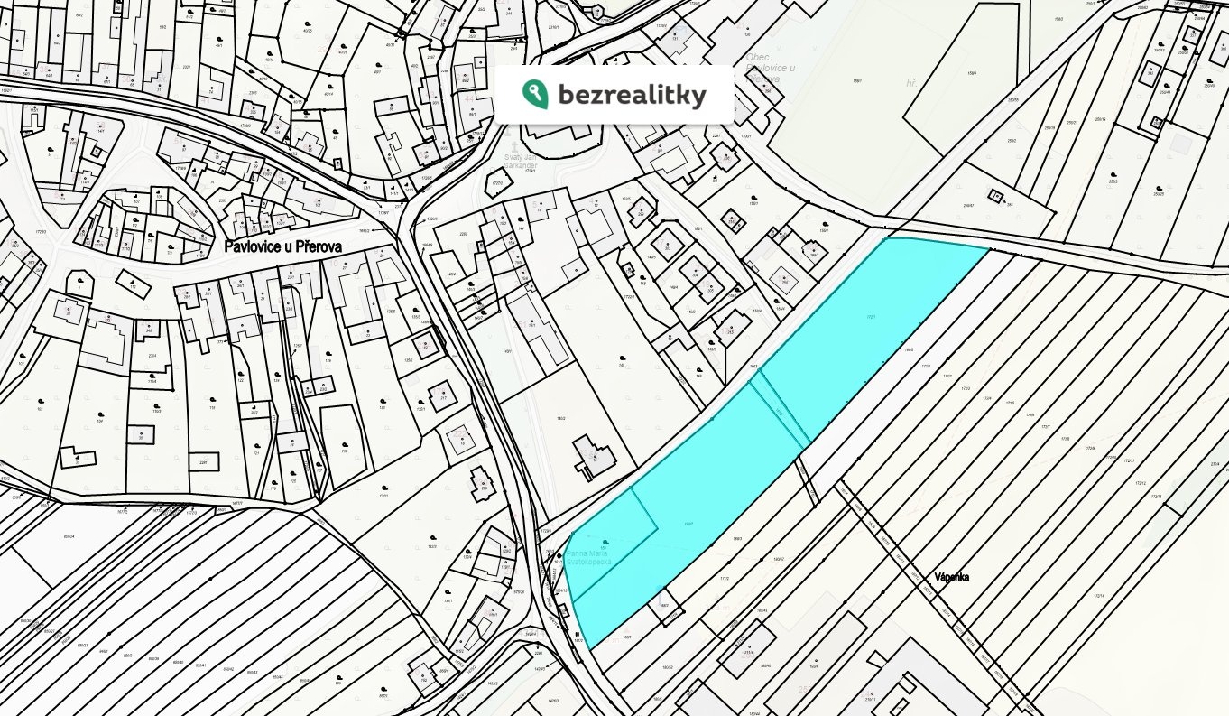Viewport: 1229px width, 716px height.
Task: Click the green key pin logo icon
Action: point(534,93)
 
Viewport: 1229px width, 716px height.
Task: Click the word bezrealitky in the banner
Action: point(632,94)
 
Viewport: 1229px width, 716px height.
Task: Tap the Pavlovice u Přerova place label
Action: point(282,246)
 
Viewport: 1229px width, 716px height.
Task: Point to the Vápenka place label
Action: point(952,577)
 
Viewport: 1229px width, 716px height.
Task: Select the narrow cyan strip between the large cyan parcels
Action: point(779,411)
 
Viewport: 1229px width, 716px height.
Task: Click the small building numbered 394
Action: point(995,196)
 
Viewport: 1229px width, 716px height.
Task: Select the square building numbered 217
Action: point(442,397)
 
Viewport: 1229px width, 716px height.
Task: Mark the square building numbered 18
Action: point(462,441)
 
